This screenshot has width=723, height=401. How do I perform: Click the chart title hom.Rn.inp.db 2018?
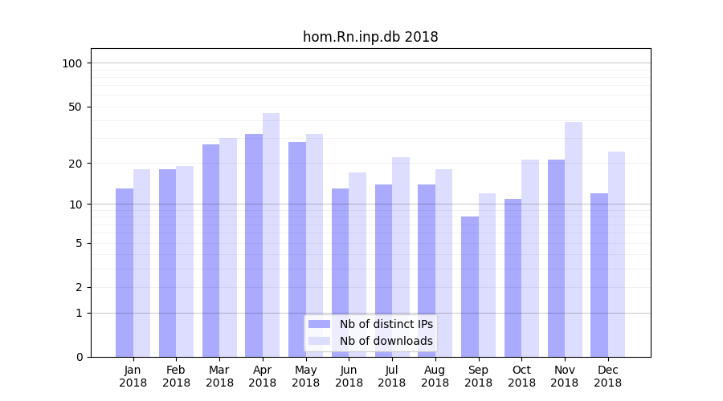pos(370,37)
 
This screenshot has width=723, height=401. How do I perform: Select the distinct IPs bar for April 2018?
pos(254,245)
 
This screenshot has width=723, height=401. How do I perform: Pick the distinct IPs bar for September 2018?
pos(469,286)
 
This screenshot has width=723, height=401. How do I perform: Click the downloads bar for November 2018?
pos(574,239)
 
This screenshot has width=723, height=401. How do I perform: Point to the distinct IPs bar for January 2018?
pos(125,273)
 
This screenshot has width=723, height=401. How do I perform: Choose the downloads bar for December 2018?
pos(616,253)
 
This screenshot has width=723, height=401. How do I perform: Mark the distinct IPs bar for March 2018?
pos(210,250)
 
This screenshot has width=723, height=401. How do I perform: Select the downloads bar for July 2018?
pos(400,257)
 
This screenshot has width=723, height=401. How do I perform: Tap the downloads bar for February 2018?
pos(185,261)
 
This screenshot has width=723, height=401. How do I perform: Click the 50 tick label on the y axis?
pos(75,107)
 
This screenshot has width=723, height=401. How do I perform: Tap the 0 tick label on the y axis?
pos(79,357)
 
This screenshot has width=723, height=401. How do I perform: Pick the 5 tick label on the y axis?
pos(79,243)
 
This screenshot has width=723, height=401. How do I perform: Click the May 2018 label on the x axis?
pos(305,376)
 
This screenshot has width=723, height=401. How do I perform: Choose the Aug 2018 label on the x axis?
pos(435,376)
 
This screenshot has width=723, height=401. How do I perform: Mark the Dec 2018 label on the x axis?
pos(607,376)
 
